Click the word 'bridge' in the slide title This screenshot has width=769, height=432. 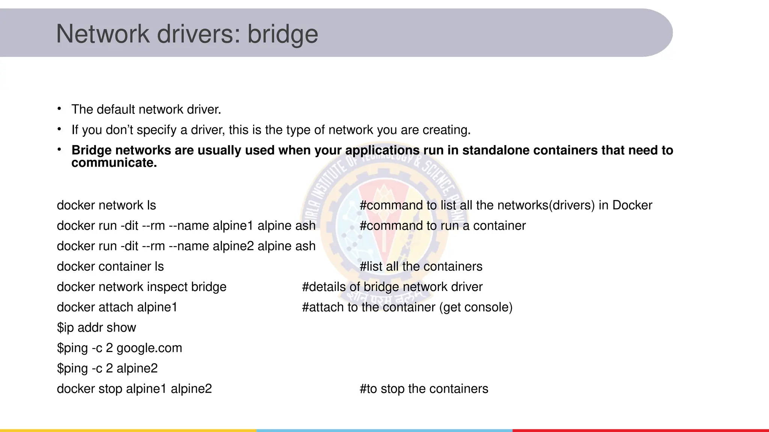[282, 34]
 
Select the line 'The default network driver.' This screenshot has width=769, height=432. [146, 109]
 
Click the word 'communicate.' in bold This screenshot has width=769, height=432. [114, 163]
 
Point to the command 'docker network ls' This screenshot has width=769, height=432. [106, 205]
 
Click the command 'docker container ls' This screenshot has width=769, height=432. [110, 267]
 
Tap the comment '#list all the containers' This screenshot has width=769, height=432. [421, 267]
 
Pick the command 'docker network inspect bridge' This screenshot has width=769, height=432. [142, 287]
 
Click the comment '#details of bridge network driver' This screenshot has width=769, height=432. [392, 287]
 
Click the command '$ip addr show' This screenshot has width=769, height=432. [96, 328]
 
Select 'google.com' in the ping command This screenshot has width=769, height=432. [149, 348]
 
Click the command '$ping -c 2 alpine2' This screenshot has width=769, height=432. [107, 368]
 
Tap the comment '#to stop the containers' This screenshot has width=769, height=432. [424, 389]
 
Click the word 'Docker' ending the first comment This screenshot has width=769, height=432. [632, 205]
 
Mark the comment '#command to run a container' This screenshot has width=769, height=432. [443, 226]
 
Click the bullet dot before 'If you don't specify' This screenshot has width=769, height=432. [59, 129]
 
